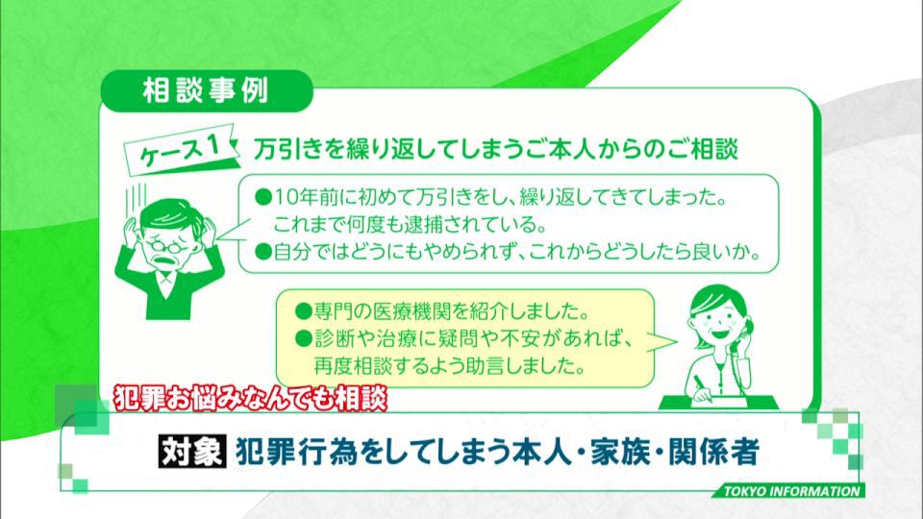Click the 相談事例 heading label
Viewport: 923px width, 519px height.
pyautogui.click(x=206, y=91)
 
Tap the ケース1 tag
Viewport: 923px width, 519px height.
pyautogui.click(x=181, y=151)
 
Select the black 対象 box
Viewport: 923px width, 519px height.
pyautogui.click(x=192, y=452)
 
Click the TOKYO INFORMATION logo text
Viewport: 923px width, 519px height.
pyautogui.click(x=791, y=491)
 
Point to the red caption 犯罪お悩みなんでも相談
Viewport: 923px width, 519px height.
pyautogui.click(x=251, y=398)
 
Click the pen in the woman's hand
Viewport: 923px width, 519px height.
pyautogui.click(x=704, y=389)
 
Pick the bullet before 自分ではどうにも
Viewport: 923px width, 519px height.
pyautogui.click(x=263, y=253)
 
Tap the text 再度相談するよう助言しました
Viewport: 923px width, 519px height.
pyautogui.click(x=450, y=366)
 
